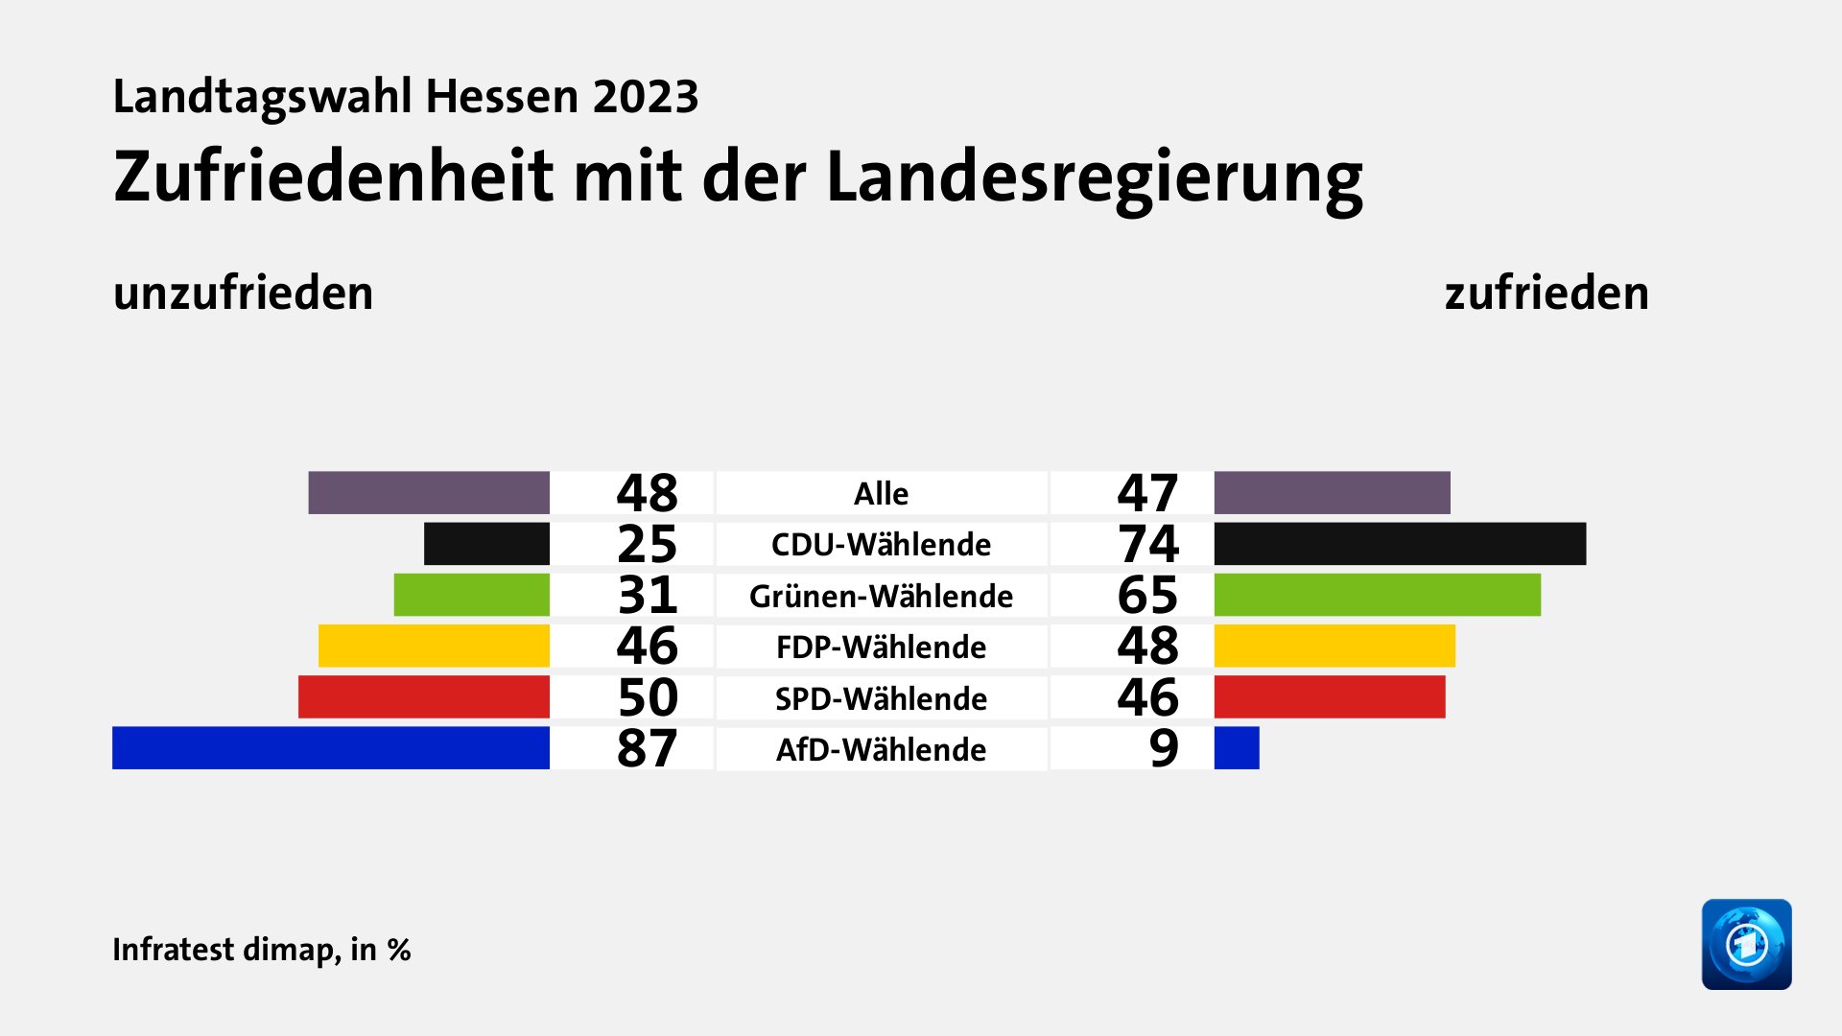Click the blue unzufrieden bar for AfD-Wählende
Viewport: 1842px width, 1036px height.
click(331, 748)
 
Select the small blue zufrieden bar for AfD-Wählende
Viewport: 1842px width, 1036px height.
click(1237, 748)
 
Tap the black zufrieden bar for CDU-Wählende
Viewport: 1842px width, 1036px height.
click(1400, 544)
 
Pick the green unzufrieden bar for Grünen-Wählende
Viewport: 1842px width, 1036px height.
click(471, 595)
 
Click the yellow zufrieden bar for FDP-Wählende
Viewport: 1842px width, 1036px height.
click(1334, 646)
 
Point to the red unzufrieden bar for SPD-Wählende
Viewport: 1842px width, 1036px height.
click(423, 697)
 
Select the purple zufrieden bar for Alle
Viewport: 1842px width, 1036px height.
click(1332, 493)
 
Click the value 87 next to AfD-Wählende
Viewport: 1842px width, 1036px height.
click(647, 748)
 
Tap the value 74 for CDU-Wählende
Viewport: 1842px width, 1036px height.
click(1147, 544)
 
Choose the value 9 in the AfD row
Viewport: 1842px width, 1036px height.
click(1164, 748)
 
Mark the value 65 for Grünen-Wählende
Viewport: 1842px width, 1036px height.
click(1147, 595)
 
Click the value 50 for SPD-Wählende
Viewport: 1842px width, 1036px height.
click(647, 697)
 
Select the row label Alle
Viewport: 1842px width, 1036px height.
click(881, 493)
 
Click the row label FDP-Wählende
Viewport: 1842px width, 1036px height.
click(881, 647)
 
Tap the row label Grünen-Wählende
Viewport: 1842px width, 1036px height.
click(881, 596)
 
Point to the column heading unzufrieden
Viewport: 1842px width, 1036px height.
click(243, 293)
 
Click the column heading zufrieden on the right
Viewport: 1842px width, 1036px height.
click(1547, 293)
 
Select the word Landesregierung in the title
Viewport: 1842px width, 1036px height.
click(1094, 177)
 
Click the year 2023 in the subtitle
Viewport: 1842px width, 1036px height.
click(645, 97)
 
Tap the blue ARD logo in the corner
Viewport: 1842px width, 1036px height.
click(1746, 944)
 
